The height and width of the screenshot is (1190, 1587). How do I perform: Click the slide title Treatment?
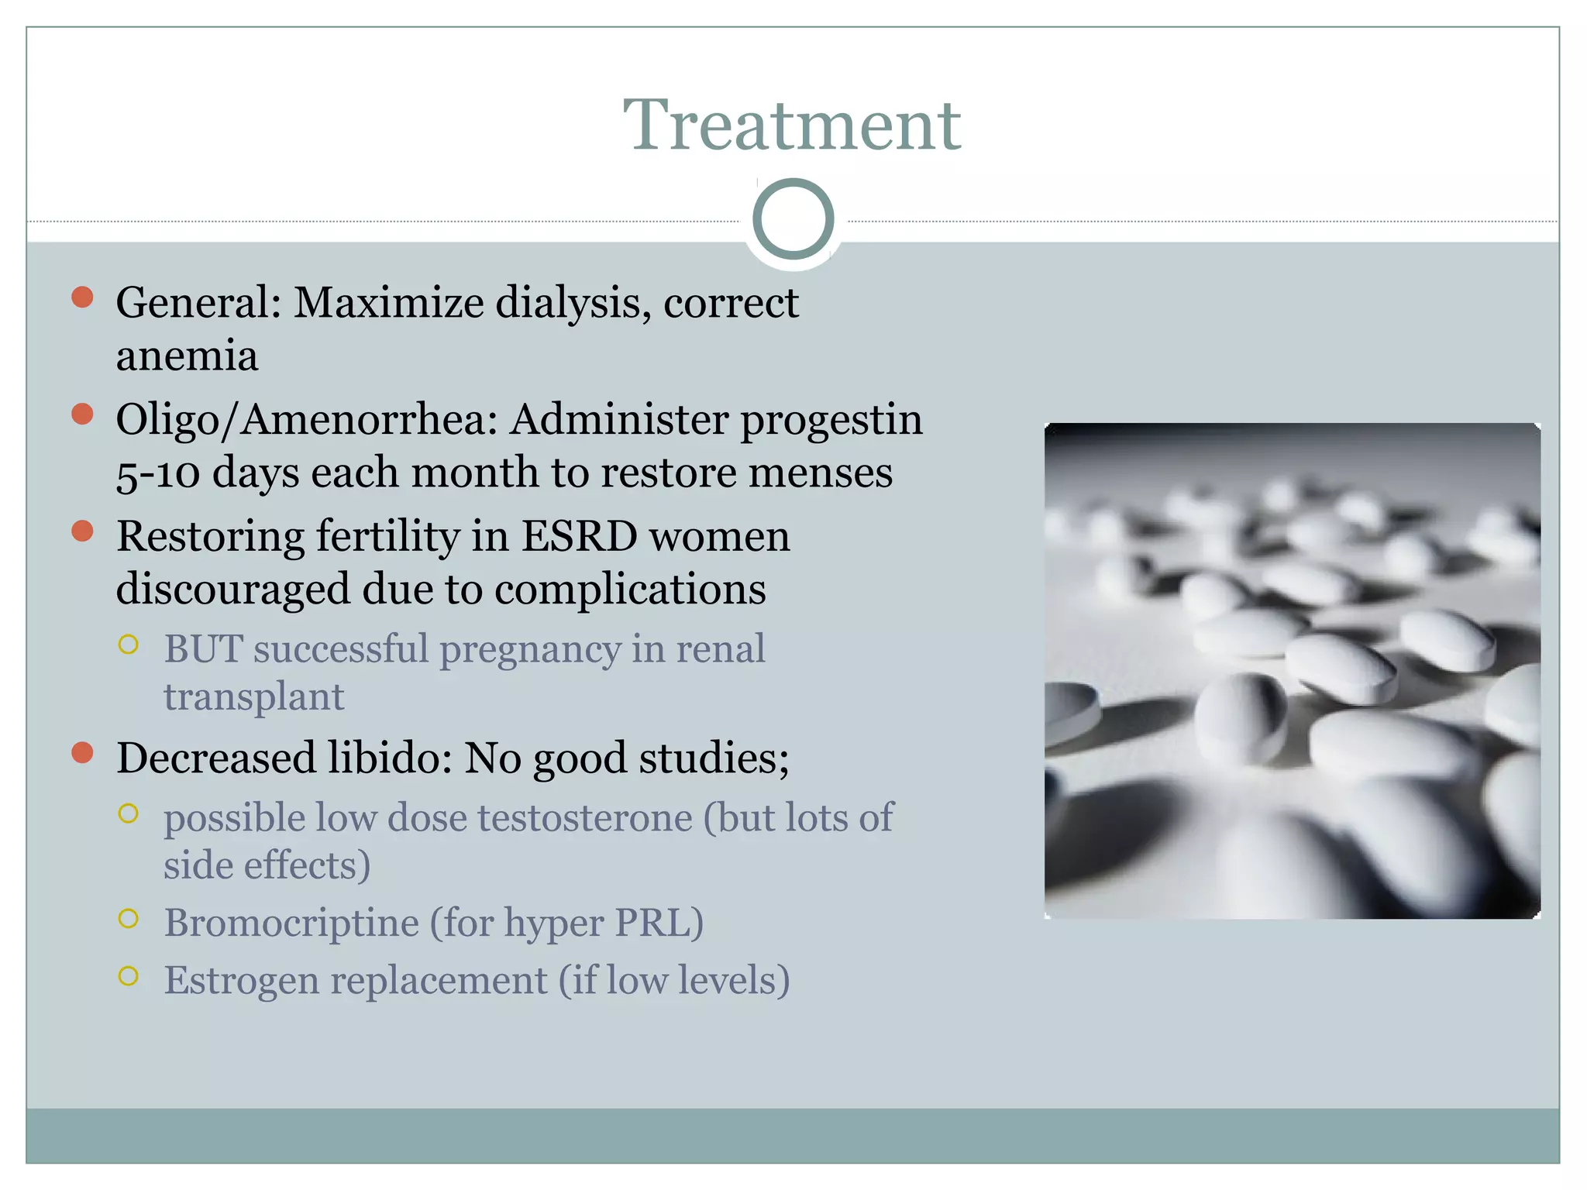pos(792,126)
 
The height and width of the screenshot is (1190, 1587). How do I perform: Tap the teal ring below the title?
pos(793,218)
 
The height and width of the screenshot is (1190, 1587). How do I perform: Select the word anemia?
pos(187,356)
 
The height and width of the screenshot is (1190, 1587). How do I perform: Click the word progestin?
pos(831,421)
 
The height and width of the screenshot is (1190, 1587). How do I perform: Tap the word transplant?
pos(253,696)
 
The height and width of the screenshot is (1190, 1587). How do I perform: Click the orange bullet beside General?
pos(82,297)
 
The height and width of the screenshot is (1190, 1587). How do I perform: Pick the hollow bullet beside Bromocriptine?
pos(129,919)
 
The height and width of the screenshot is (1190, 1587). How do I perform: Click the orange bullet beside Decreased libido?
pos(82,752)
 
